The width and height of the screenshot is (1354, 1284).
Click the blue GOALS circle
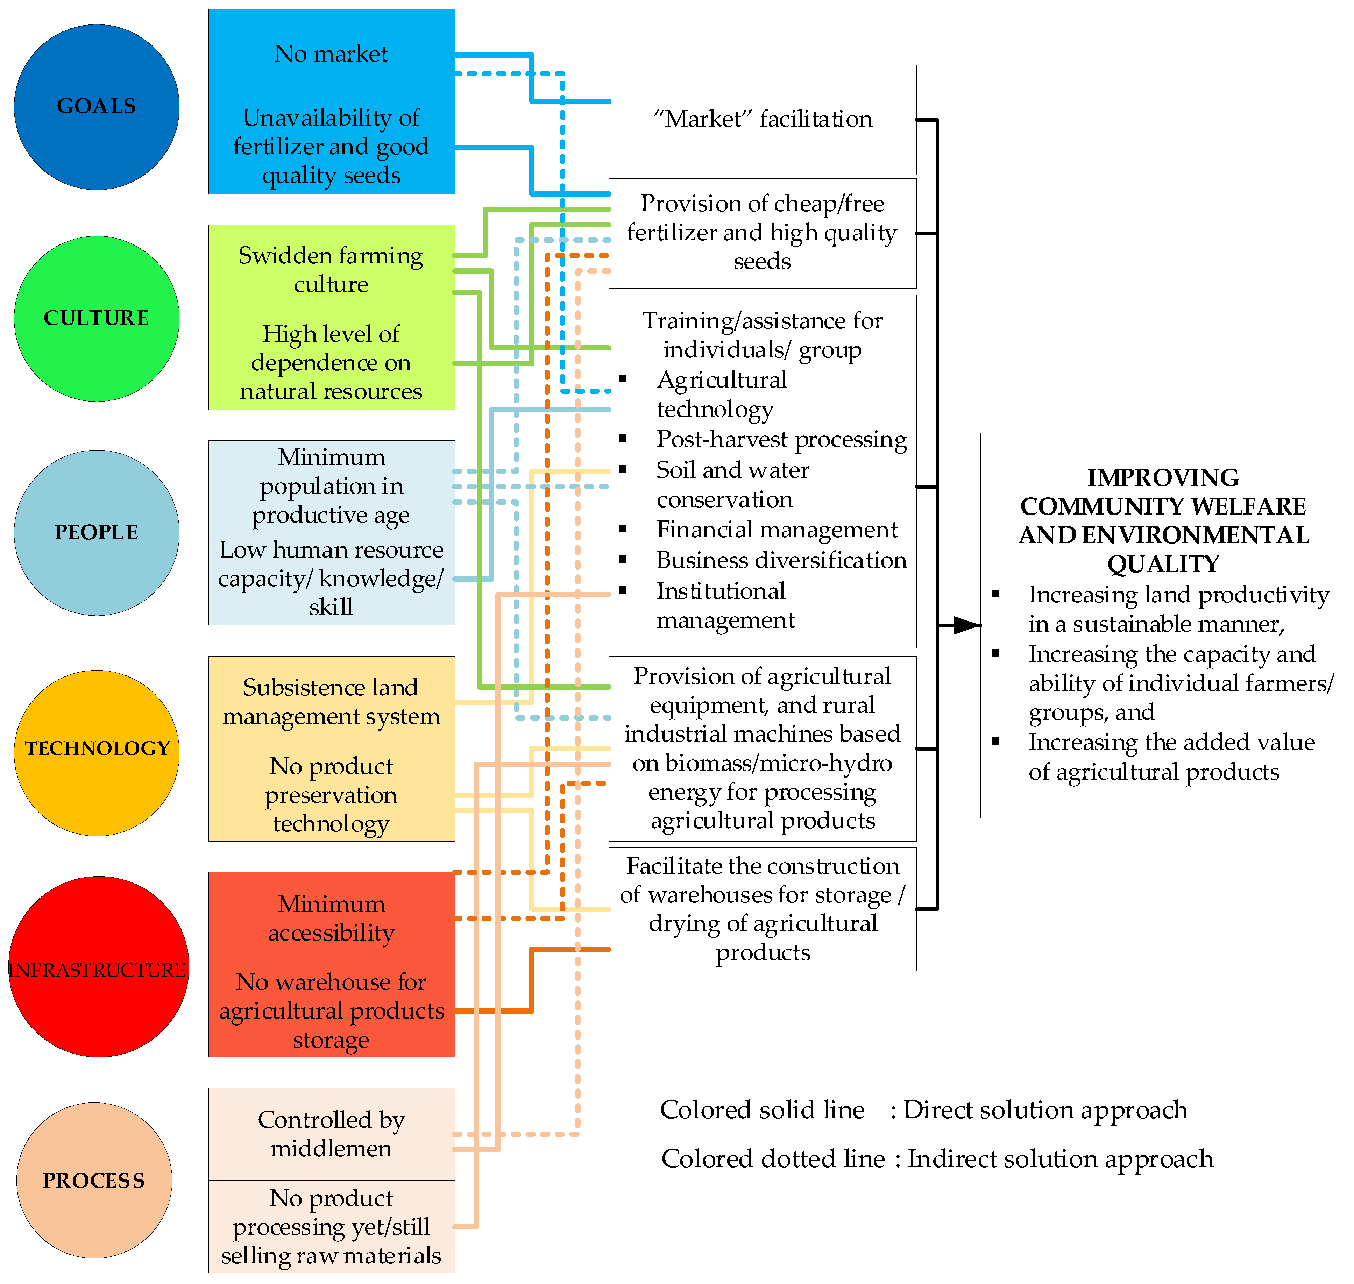(97, 107)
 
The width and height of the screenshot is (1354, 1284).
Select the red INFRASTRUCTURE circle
(98, 966)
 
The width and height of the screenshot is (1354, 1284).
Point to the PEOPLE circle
(97, 532)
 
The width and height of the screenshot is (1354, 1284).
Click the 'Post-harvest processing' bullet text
(781, 439)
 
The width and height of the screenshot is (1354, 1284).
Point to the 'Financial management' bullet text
(776, 530)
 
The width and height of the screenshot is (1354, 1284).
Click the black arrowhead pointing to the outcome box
(966, 625)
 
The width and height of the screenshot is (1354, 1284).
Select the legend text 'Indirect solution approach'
(1059, 1159)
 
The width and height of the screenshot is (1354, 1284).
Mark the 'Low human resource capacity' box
(331, 579)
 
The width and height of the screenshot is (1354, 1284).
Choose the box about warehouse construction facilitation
(762, 909)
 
